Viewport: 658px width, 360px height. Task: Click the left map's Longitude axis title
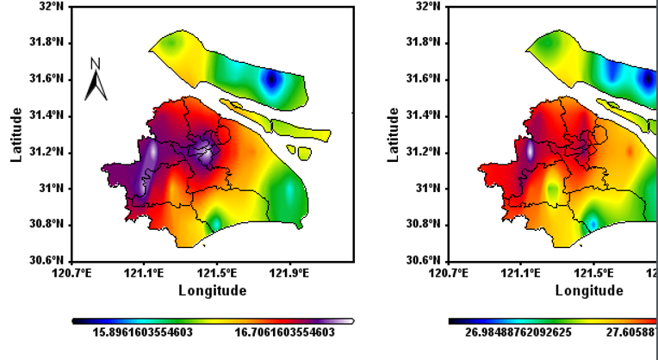pyautogui.click(x=213, y=290)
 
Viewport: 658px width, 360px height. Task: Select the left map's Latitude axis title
pyautogui.click(x=16, y=134)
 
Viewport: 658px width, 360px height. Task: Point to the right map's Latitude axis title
pyautogui.click(x=393, y=134)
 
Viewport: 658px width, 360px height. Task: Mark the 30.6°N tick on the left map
pyautogui.click(x=47, y=260)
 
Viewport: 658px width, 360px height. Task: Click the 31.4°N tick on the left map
pyautogui.click(x=47, y=115)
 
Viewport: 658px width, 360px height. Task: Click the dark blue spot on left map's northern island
pyautogui.click(x=273, y=79)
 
